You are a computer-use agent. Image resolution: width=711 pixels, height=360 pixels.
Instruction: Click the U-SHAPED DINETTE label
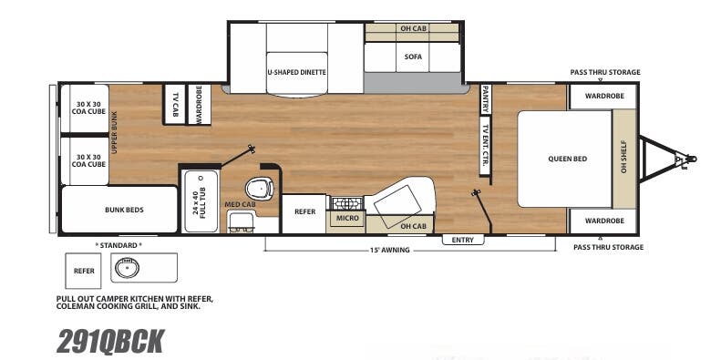coord(297,71)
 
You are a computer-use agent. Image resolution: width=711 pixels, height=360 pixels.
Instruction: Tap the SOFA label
coord(413,57)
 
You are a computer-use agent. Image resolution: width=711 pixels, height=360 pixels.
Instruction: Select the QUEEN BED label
coord(567,159)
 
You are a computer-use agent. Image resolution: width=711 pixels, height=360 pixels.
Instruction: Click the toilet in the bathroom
coord(262,187)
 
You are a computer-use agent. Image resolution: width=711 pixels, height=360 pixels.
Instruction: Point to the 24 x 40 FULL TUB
coord(200,201)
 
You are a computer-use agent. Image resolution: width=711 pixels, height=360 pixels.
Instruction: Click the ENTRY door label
coord(463,240)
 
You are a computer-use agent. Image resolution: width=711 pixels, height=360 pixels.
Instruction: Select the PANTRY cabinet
coord(486,98)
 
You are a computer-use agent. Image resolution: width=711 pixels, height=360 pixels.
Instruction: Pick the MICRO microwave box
coord(345,218)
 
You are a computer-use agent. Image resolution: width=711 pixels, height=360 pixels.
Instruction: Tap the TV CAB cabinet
coord(174,104)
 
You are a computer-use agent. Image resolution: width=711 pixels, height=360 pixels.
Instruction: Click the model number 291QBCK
coord(110,340)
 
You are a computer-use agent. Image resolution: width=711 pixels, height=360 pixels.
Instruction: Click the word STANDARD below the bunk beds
coord(118,245)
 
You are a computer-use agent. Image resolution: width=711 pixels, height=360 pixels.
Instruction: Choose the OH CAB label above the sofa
coord(413,28)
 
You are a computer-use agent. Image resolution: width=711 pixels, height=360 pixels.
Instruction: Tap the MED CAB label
coord(239,204)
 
